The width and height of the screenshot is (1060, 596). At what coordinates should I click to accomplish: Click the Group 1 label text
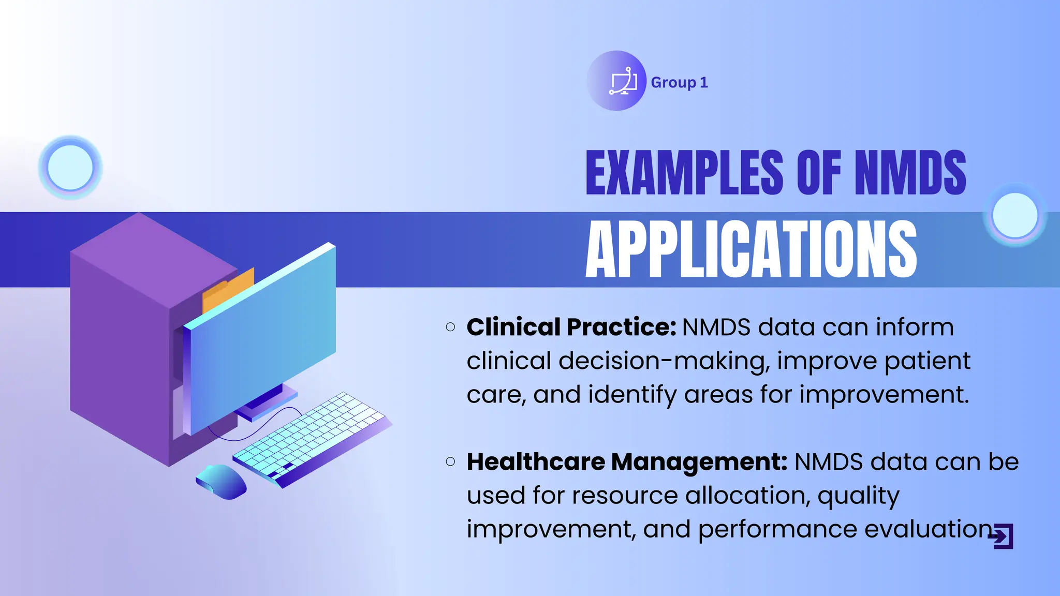(x=679, y=82)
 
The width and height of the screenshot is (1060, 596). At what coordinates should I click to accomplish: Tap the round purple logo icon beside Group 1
(x=616, y=81)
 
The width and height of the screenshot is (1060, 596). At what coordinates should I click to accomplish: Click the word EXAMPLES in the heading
(x=684, y=173)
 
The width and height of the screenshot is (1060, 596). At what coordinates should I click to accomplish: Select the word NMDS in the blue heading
(x=910, y=173)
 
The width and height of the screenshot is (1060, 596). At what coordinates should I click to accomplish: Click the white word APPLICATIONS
(x=751, y=249)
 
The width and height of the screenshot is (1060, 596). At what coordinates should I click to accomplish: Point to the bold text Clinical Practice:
(x=571, y=327)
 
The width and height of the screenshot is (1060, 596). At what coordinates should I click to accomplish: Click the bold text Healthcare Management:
(x=627, y=461)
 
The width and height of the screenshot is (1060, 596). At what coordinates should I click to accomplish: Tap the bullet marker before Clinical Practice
(x=450, y=327)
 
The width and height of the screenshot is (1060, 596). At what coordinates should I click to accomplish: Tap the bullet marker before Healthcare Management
(x=450, y=461)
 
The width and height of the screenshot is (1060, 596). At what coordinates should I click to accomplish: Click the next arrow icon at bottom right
(x=1003, y=537)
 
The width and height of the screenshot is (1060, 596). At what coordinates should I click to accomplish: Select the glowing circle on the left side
(x=70, y=168)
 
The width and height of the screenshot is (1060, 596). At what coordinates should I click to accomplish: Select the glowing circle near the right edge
(x=1015, y=215)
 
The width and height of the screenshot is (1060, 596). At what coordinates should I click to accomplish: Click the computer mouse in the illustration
(x=222, y=482)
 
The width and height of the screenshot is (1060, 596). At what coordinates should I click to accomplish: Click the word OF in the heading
(x=819, y=173)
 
